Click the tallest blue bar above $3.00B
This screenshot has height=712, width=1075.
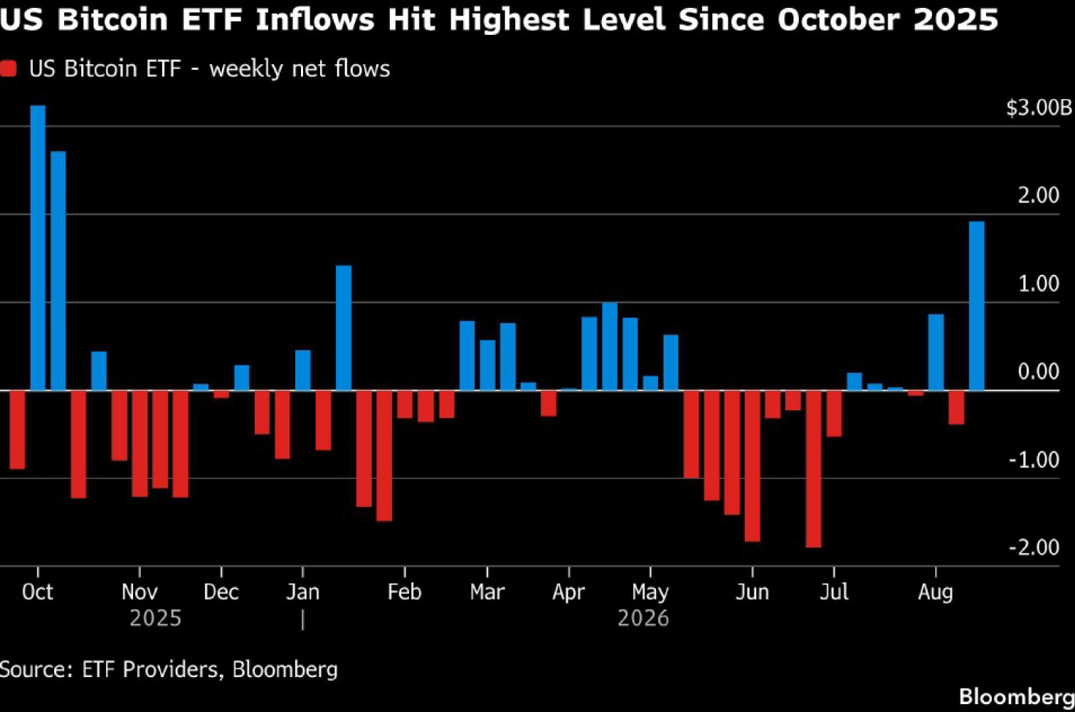click(38, 248)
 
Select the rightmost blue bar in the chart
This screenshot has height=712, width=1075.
click(977, 306)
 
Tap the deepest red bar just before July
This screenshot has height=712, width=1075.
click(813, 469)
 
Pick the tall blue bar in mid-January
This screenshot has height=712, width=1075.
click(344, 328)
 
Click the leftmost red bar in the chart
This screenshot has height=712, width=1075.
click(17, 429)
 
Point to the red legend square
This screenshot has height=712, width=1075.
click(8, 68)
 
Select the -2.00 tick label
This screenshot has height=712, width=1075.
click(1033, 548)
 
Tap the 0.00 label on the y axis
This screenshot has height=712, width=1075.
click(1038, 372)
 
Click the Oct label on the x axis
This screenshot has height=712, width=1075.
click(38, 592)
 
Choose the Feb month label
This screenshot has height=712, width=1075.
click(405, 592)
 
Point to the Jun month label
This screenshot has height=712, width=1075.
click(752, 592)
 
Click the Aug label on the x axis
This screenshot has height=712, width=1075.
click(936, 592)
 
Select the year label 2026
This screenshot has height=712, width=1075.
click(643, 618)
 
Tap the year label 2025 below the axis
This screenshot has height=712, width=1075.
click(156, 618)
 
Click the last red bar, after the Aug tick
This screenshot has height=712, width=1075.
click(956, 407)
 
